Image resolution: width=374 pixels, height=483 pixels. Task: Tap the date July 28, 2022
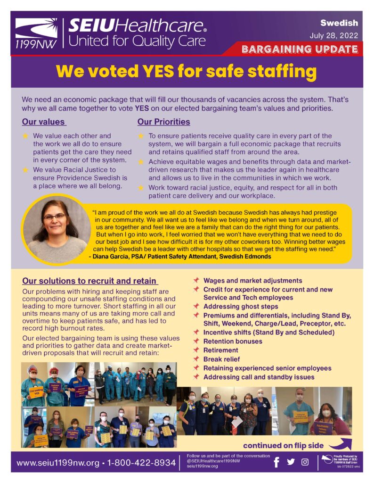[333, 36]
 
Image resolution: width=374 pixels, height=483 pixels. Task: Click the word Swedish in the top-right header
[339, 23]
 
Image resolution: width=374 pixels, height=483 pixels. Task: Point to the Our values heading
[43, 122]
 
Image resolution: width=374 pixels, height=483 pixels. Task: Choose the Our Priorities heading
[163, 122]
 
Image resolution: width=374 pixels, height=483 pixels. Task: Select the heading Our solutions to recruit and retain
[89, 281]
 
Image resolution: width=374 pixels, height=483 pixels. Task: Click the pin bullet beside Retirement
[196, 350]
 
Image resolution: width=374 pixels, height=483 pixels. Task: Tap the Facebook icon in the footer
[276, 462]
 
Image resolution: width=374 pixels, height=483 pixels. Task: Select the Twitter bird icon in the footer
[291, 462]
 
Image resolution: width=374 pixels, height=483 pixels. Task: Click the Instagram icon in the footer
[305, 462]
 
